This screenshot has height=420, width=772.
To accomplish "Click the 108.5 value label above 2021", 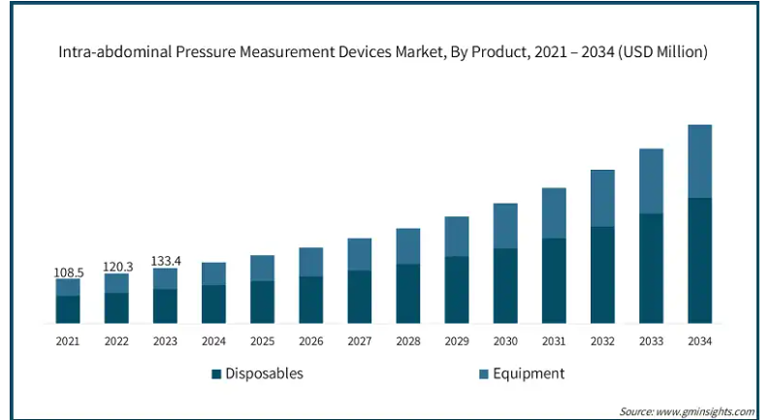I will pyautogui.click(x=68, y=273).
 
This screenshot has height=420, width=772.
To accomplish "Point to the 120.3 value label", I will pyautogui.click(x=116, y=267).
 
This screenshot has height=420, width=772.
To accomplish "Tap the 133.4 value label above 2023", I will pyautogui.click(x=165, y=261).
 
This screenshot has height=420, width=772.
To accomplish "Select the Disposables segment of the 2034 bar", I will pyautogui.click(x=699, y=260).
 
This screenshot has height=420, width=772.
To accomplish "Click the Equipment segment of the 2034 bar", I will pyautogui.click(x=699, y=161).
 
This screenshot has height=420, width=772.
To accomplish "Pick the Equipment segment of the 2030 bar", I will pyautogui.click(x=505, y=226).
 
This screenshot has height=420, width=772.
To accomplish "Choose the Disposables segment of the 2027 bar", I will pyautogui.click(x=360, y=296).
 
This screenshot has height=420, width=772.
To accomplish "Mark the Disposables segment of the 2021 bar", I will pyautogui.click(x=68, y=308).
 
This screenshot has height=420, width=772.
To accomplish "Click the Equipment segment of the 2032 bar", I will pyautogui.click(x=602, y=198).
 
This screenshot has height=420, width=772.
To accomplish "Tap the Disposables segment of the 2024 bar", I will pyautogui.click(x=213, y=304).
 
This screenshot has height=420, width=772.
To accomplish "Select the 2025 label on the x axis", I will pyautogui.click(x=262, y=340).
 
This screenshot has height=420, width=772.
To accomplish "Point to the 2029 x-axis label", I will pyautogui.click(x=457, y=340).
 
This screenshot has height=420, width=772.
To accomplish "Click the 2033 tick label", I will pyautogui.click(x=651, y=340).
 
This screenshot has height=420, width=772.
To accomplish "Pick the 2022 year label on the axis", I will pyautogui.click(x=116, y=340).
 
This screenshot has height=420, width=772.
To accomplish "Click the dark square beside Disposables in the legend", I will pyautogui.click(x=217, y=373).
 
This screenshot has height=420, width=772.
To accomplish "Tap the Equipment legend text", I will pyautogui.click(x=528, y=373).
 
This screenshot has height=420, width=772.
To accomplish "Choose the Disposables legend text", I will pyautogui.click(x=265, y=373).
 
